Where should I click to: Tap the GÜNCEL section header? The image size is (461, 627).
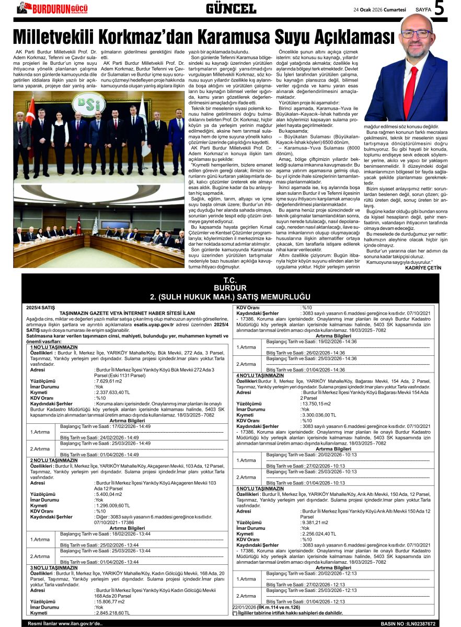tap(230, 8)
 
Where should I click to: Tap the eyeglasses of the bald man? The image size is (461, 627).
tap(417, 34)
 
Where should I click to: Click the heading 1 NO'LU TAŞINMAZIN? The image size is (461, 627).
tap(53, 347)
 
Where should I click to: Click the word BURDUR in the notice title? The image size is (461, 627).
tap(230, 288)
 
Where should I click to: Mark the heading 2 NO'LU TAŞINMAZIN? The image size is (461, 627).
tap(53, 460)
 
